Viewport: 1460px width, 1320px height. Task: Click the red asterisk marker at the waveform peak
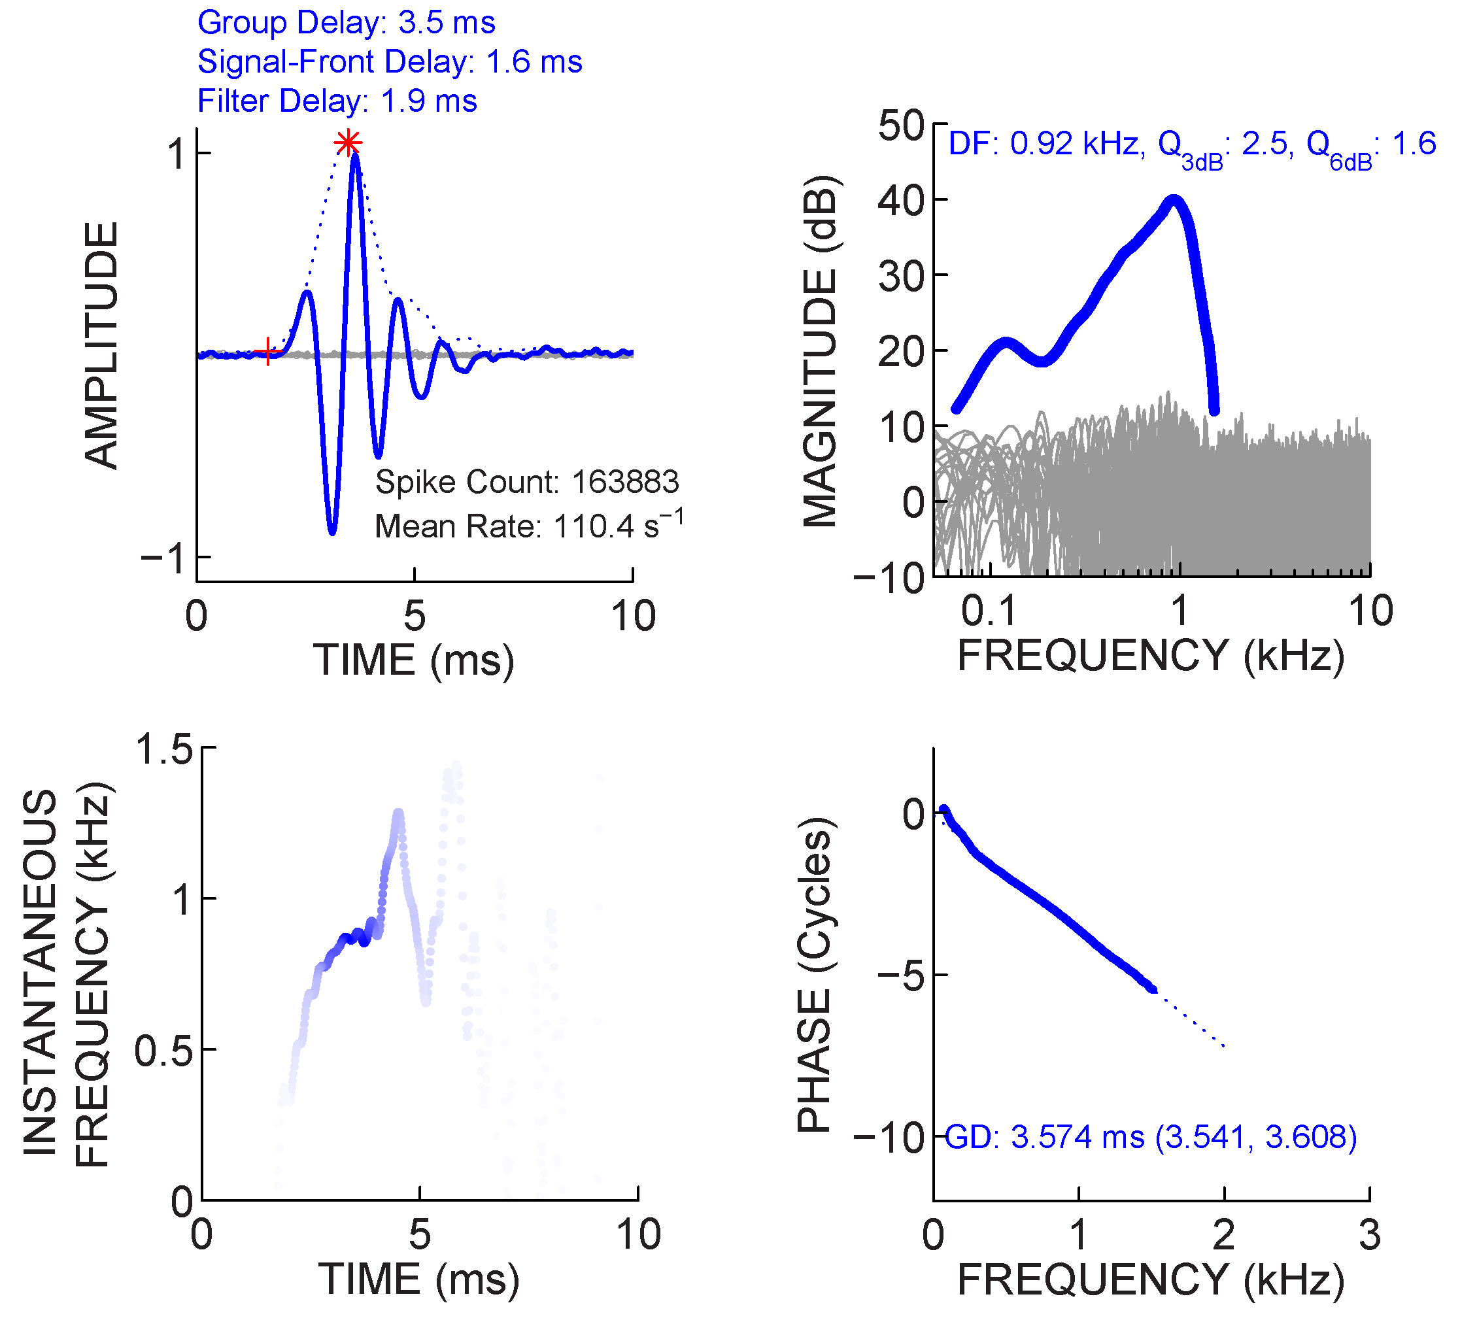coord(348,143)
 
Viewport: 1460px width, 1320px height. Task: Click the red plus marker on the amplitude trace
coord(268,352)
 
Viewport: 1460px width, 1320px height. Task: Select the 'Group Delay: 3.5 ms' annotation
coord(346,22)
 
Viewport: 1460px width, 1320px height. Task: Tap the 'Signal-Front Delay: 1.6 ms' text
coord(390,61)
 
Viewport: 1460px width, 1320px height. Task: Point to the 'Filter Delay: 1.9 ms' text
coord(337,101)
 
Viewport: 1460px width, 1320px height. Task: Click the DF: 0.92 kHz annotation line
coord(1191,146)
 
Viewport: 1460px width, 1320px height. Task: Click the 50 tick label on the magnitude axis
coord(900,126)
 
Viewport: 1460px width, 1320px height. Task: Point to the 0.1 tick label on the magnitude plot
coord(989,611)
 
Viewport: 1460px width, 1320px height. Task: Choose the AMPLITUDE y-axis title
coord(101,345)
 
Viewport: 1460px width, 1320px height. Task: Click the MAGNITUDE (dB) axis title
coord(821,350)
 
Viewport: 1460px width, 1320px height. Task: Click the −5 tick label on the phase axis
coord(901,975)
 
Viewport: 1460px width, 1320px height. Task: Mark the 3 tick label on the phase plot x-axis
coord(1368,1235)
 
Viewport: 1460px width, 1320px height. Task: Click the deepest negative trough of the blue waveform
coord(332,532)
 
